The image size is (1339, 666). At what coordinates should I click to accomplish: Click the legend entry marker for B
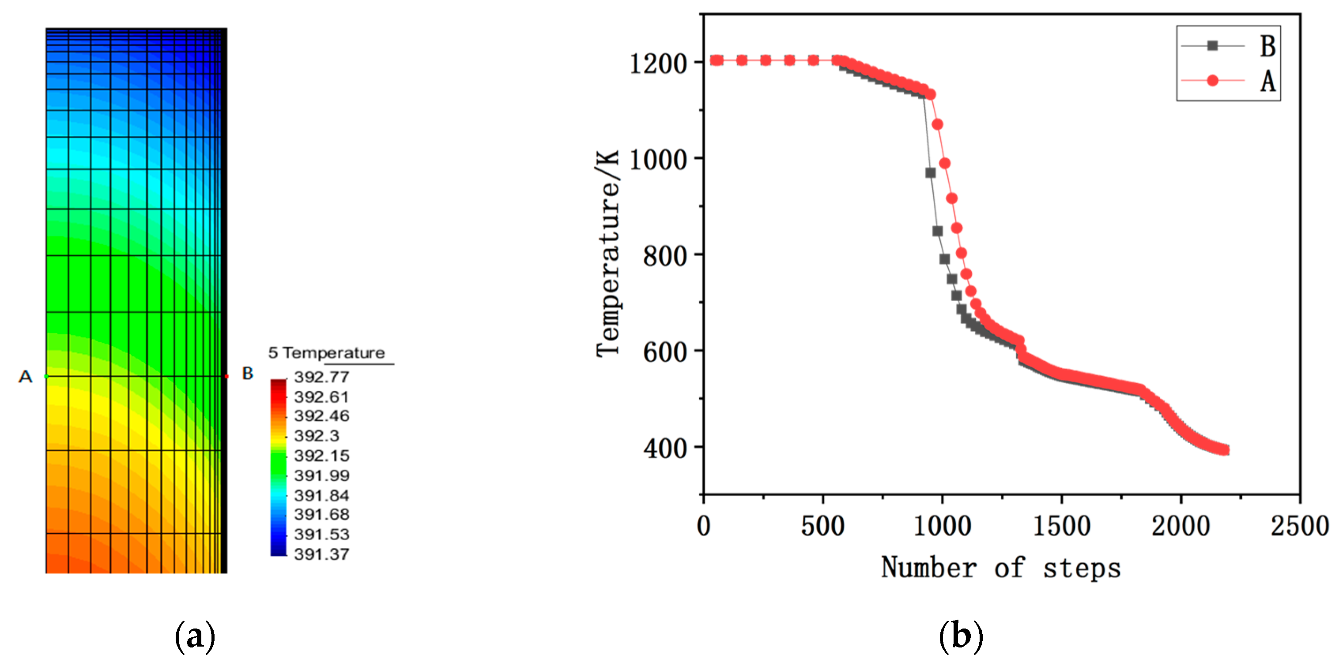pos(1212,46)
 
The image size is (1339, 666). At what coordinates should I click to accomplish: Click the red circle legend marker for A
pos(1212,81)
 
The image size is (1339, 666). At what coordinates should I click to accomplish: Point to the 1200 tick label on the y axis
pos(658,64)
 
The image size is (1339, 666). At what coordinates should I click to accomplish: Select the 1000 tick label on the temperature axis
pos(658,160)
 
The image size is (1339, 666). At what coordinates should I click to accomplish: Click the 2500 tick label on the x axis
pos(1300,526)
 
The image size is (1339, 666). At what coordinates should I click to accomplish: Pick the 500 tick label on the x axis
pos(823,526)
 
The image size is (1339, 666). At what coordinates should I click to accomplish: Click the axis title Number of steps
pos(1001,567)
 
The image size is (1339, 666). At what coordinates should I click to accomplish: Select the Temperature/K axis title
pos(608,254)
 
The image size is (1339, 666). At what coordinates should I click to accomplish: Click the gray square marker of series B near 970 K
pos(931,173)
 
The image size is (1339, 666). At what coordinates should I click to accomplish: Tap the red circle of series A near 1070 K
pos(937,124)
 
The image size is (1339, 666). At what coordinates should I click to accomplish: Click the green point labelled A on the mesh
pos(46,376)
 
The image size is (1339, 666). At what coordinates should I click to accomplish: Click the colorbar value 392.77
pos(322,377)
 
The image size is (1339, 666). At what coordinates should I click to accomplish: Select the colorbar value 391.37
pos(322,554)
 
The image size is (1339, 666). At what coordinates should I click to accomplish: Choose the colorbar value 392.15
pos(322,456)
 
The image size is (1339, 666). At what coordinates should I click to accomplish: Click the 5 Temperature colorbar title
pos(326,353)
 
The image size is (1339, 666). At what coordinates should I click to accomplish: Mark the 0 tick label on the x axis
pos(703,526)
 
